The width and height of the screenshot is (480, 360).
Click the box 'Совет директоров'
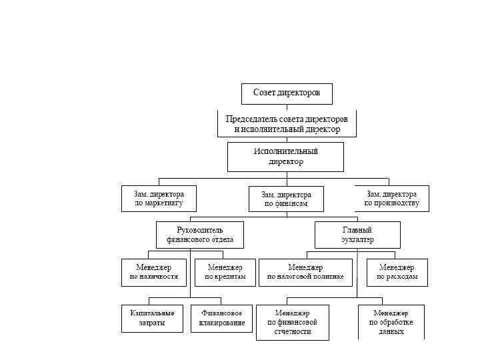tap(287, 93)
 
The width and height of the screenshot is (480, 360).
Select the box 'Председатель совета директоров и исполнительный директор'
tap(287, 124)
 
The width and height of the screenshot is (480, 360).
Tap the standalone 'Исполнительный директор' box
tap(285, 157)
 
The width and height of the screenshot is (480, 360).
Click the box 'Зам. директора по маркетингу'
tap(159, 199)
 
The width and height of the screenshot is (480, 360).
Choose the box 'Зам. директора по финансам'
tap(286, 199)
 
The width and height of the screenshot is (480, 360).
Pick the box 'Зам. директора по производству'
tap(392, 199)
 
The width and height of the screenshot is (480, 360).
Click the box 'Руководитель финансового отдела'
tap(200, 235)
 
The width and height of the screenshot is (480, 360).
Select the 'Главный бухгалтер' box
tap(357, 235)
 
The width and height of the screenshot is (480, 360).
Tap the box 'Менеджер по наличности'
tap(154, 272)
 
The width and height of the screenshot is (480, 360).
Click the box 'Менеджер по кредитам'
tap(225, 272)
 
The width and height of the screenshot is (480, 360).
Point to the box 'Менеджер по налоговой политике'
tap(305, 272)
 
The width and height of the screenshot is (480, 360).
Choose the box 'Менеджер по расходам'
tap(397, 272)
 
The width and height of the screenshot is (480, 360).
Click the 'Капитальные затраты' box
tap(152, 318)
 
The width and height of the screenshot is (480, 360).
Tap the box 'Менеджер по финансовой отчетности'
tap(293, 322)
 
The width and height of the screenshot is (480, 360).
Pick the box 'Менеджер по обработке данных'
tap(391, 322)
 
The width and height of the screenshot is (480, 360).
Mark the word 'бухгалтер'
tap(357, 239)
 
